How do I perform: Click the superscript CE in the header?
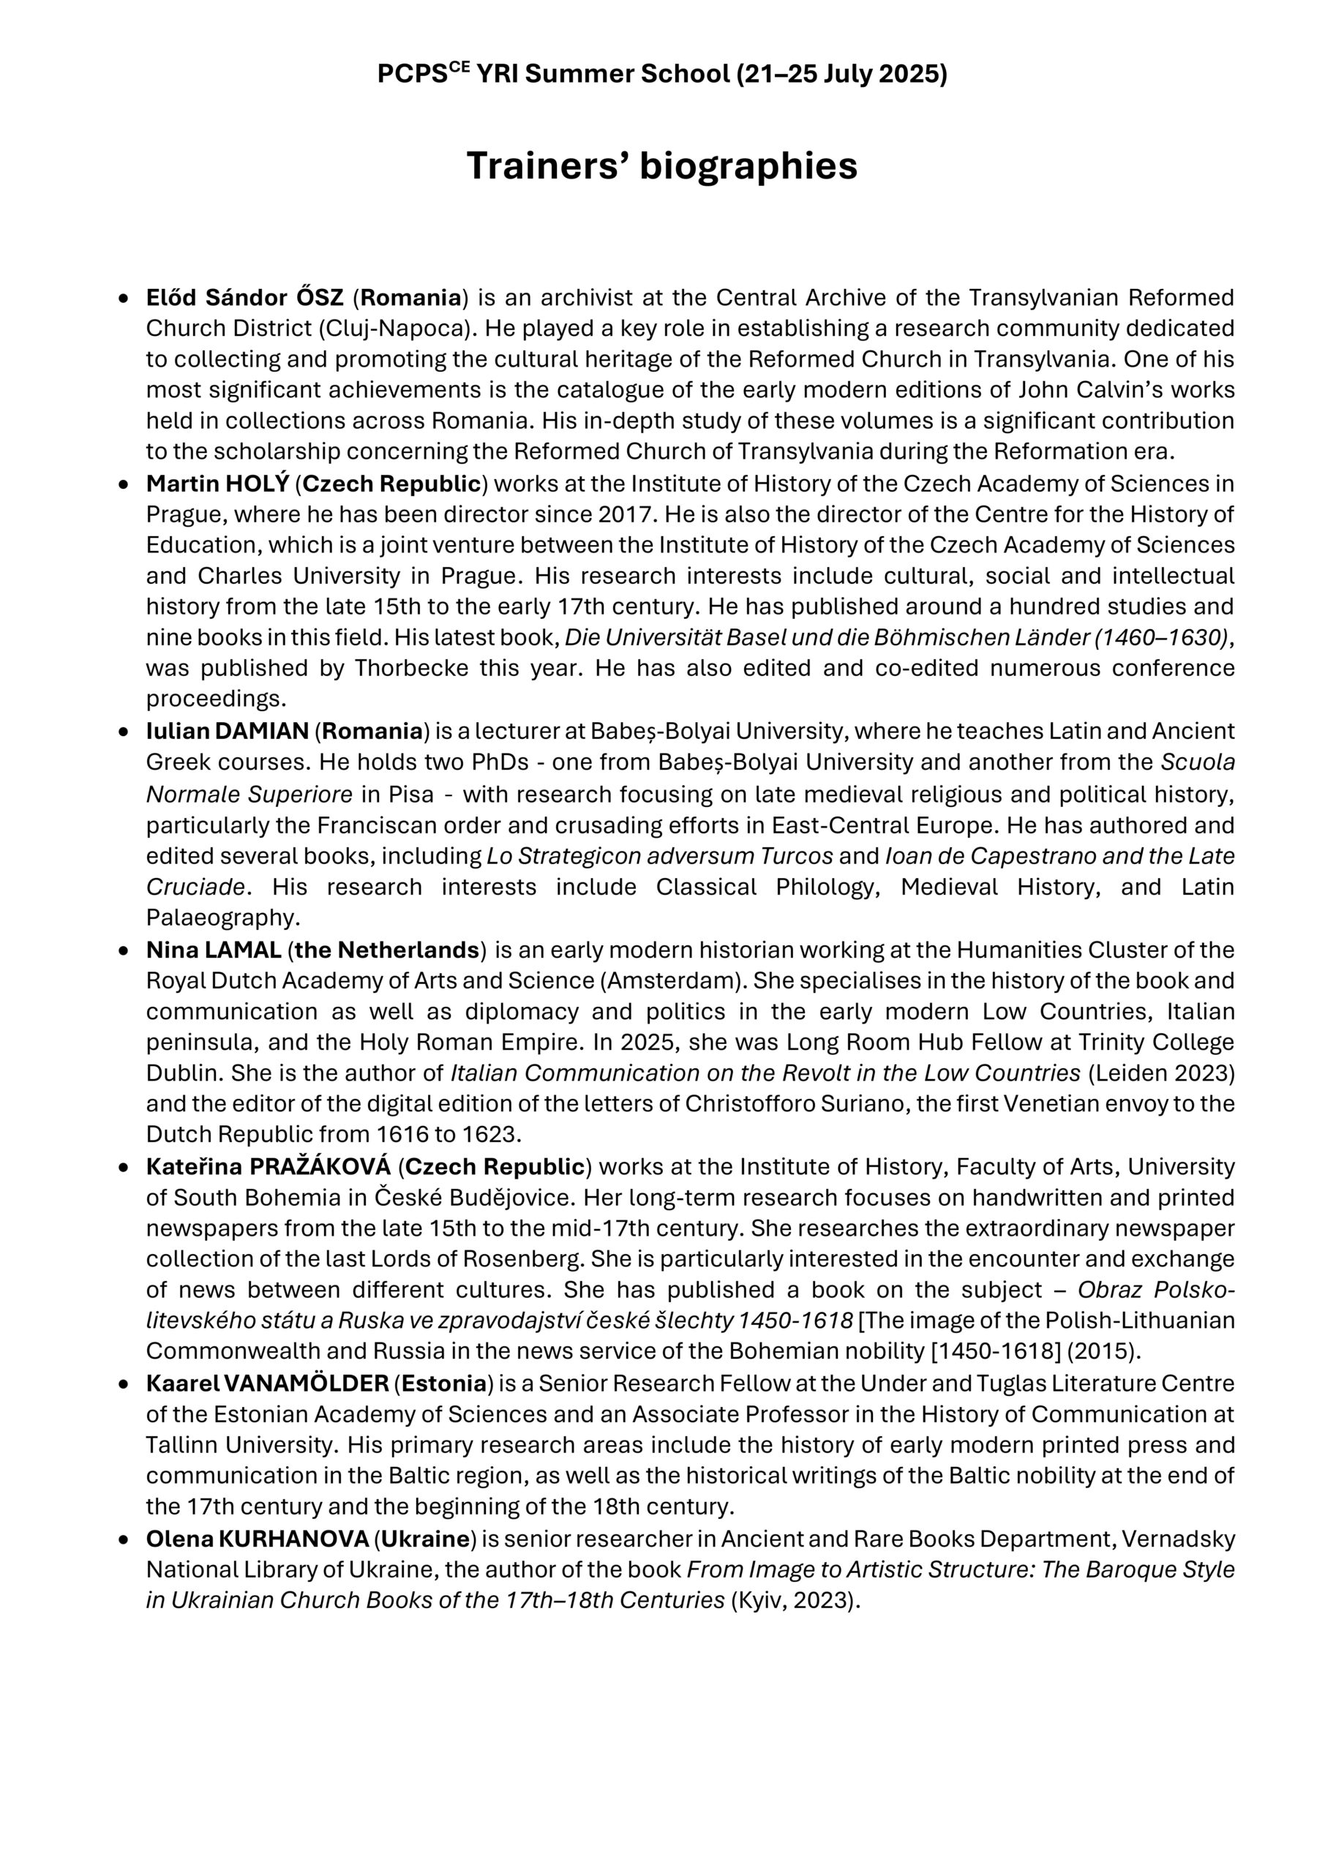[460, 69]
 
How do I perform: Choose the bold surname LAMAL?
[243, 950]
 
